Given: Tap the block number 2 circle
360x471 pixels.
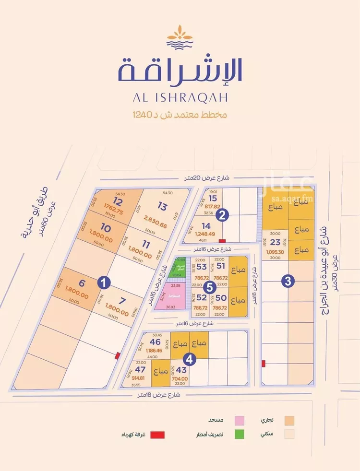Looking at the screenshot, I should click(x=221, y=215).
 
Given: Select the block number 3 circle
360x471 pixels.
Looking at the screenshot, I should click(x=288, y=282).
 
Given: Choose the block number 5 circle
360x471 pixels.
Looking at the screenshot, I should click(x=209, y=288).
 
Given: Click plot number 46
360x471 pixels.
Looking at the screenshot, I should click(x=155, y=342).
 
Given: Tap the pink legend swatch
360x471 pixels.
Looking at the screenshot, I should click(x=239, y=420).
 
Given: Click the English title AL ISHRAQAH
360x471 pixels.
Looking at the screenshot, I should click(x=180, y=97).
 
